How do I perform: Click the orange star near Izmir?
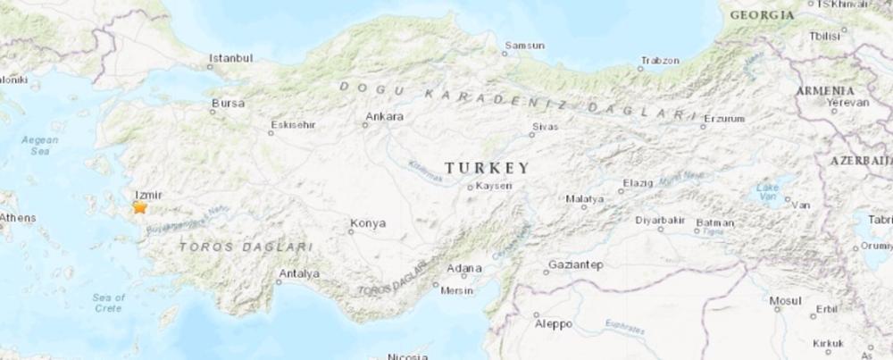pos(140,207)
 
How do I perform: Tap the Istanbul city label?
pos(230,58)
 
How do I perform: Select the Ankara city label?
pos(385,116)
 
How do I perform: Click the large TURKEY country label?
pos(487,167)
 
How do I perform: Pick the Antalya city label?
pos(299,273)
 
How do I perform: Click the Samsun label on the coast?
pos(524,45)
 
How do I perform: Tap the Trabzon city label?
pos(659,61)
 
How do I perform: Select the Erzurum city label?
pos(724,118)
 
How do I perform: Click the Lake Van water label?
pos(767,190)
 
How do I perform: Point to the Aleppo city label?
pos(554,323)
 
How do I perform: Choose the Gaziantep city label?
pos(576,264)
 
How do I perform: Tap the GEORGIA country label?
pos(762,15)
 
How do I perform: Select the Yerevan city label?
pos(847,102)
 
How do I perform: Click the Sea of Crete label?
pos(108,302)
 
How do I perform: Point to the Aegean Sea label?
pos(41,146)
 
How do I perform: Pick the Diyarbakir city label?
pos(659,220)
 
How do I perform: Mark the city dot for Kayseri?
pos(471,187)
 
